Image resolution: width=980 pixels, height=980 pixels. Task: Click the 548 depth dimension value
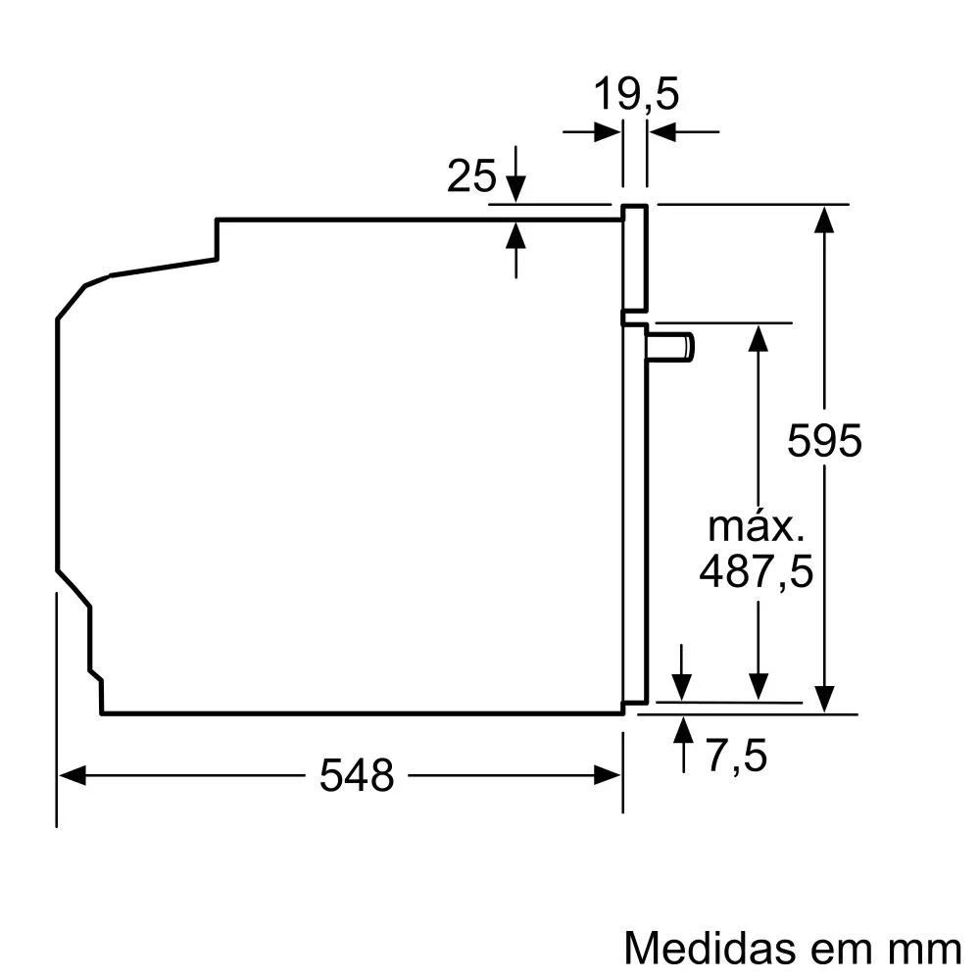pos(356,776)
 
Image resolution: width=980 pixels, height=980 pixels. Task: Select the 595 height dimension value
pos(825,441)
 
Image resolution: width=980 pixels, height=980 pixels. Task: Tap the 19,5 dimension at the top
pos(636,96)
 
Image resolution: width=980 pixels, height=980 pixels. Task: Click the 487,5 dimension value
pos(756,571)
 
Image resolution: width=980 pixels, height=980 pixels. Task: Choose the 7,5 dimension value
pos(736,756)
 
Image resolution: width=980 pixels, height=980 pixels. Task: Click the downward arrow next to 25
pos(515,188)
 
